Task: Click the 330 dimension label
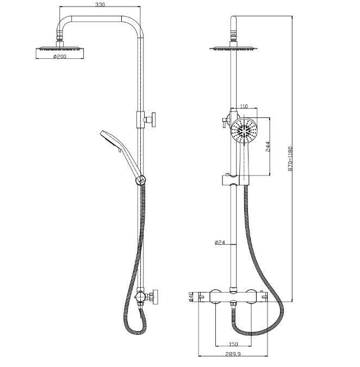click(100, 4)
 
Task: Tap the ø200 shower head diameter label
click(60, 57)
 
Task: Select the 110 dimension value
click(244, 106)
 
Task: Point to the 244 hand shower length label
click(268, 146)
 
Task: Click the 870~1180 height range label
click(290, 159)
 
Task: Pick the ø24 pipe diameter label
click(220, 242)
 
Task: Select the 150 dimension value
click(233, 344)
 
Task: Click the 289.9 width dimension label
click(233, 354)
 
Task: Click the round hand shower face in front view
click(244, 130)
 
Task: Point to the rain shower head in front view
click(233, 48)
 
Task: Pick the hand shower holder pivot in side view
click(141, 180)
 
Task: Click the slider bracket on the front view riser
click(231, 179)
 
